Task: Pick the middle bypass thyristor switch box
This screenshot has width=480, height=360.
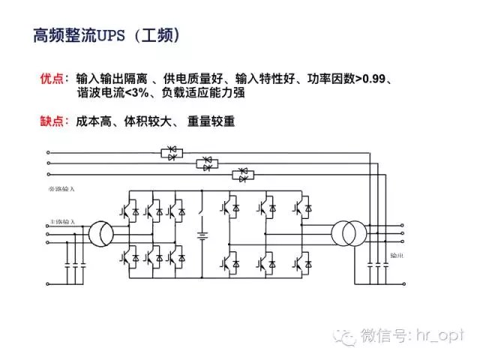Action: click(x=208, y=163)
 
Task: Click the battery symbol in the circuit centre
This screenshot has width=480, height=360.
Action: click(x=202, y=236)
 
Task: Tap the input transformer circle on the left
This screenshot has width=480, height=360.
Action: click(x=100, y=233)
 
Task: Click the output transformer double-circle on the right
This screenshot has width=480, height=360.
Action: click(x=346, y=233)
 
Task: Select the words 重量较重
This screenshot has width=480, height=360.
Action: click(x=212, y=120)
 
